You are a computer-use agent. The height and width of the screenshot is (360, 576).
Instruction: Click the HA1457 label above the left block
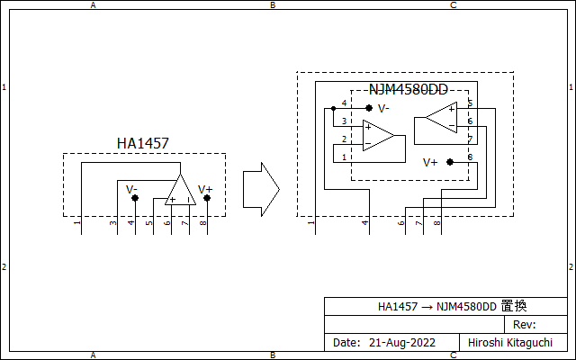[143, 143]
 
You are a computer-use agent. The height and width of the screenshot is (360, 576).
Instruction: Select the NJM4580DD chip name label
[408, 90]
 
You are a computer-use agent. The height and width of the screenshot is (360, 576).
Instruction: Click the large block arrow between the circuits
[261, 190]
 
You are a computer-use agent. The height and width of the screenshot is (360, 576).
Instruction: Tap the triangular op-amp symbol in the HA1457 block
[180, 190]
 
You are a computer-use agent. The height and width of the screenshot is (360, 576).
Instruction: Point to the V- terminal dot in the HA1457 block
[135, 198]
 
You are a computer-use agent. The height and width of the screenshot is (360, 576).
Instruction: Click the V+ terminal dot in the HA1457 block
[207, 198]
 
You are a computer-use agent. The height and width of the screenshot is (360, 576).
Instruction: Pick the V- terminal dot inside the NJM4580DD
[369, 108]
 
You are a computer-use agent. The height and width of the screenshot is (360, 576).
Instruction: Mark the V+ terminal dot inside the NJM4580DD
[450, 162]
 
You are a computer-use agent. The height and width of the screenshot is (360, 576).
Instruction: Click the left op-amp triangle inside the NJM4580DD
[379, 136]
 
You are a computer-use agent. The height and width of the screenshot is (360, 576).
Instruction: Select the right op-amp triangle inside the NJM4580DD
[442, 118]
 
